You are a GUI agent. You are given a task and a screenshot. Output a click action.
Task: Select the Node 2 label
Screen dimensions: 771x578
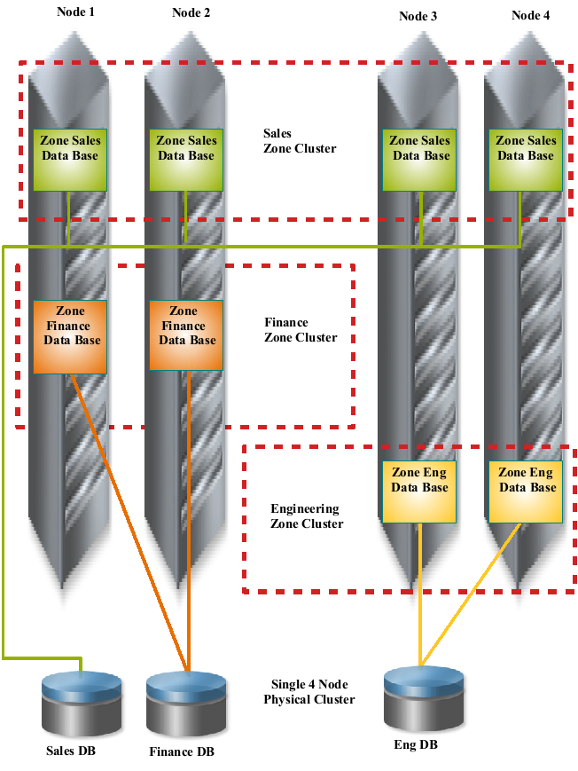(x=191, y=12)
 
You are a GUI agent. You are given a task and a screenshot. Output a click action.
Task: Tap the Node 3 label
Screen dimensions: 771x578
(x=418, y=16)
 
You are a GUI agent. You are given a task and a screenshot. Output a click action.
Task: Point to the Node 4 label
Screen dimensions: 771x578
(x=531, y=16)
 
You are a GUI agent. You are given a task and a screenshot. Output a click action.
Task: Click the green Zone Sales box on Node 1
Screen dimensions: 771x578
(x=70, y=160)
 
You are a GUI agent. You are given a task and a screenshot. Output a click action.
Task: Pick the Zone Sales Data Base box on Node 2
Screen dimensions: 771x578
(x=186, y=160)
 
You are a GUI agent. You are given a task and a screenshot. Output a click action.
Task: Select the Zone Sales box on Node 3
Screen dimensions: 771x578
(x=420, y=160)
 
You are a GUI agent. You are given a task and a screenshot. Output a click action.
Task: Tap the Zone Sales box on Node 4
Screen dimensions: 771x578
(x=526, y=160)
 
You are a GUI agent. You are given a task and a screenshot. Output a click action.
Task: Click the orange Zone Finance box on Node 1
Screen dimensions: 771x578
(x=70, y=336)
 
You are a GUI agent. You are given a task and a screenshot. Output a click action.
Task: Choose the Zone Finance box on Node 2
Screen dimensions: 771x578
(x=186, y=336)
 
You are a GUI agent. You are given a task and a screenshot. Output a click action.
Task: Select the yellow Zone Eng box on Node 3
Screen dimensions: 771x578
(x=420, y=492)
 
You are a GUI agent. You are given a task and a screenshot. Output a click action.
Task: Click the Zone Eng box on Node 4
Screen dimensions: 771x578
(x=526, y=492)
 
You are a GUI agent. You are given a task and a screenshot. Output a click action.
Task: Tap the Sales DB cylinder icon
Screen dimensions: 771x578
(x=82, y=701)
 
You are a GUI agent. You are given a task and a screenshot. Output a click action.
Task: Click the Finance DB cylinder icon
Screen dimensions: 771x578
(x=186, y=701)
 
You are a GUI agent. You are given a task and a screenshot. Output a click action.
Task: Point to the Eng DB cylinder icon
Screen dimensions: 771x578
(x=424, y=696)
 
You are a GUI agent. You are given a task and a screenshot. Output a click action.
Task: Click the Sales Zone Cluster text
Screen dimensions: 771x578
(x=300, y=141)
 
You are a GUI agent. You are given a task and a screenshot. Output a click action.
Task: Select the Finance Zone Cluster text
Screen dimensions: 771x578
(x=301, y=330)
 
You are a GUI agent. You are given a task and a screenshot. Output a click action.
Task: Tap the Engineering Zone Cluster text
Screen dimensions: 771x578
(x=306, y=516)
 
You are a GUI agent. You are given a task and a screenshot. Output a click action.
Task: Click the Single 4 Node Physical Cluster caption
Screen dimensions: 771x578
(x=309, y=692)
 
